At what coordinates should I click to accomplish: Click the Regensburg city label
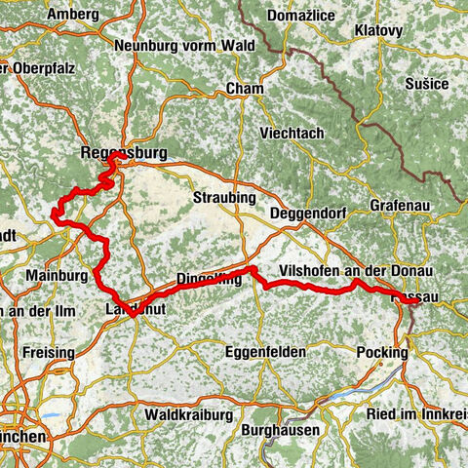pyautogui.click(x=126, y=152)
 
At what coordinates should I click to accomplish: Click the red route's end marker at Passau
pyautogui.click(x=413, y=302)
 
